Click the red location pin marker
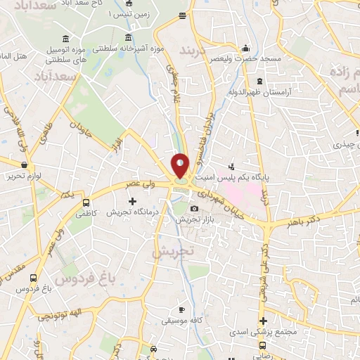click(x=180, y=167)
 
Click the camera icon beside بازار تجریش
click(x=194, y=209)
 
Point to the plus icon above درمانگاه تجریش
click(x=131, y=202)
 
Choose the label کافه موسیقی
click(x=180, y=321)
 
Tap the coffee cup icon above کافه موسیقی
click(x=181, y=310)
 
